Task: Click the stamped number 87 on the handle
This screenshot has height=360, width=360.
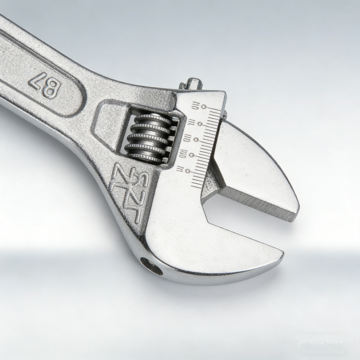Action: [x=45, y=85]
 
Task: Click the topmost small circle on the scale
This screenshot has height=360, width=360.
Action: [x=204, y=107]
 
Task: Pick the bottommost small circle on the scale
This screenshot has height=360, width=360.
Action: [x=188, y=171]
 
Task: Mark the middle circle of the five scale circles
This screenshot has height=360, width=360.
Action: [x=196, y=140]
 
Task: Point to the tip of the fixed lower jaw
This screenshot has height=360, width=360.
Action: [x=281, y=255]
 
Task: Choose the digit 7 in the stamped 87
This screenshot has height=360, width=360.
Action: [x=37, y=81]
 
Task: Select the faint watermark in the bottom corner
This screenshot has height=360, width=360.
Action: [x=323, y=343]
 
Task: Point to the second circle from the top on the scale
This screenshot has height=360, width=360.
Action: [x=200, y=124]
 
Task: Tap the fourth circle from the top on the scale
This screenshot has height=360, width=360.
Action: [x=192, y=155]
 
